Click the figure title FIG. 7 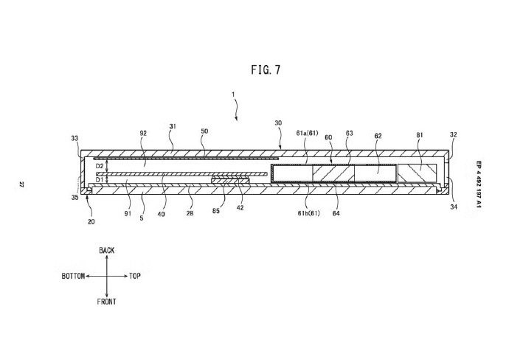click(x=266, y=70)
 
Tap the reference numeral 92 click(x=143, y=133)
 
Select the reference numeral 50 click(x=204, y=131)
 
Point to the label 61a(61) click(x=307, y=133)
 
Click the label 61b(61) click(x=308, y=213)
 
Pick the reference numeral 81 click(x=420, y=134)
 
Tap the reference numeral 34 click(x=454, y=207)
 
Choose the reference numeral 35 click(x=75, y=198)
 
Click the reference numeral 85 click(x=216, y=211)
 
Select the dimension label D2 click(x=100, y=166)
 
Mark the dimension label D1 click(x=100, y=179)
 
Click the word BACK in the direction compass click(x=107, y=250)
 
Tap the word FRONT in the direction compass click(x=106, y=302)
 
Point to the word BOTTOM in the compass click(x=73, y=276)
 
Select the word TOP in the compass click(x=135, y=276)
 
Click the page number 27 click(x=21, y=184)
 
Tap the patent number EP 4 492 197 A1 click(x=479, y=184)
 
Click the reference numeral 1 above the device click(x=233, y=94)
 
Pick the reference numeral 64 click(x=336, y=213)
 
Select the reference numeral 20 click(x=91, y=222)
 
